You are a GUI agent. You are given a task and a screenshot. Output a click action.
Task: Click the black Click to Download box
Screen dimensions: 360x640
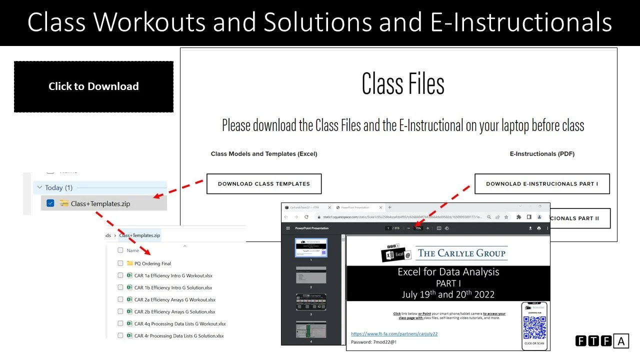(93, 86)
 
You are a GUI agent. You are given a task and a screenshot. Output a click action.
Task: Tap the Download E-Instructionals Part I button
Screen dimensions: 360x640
(542, 184)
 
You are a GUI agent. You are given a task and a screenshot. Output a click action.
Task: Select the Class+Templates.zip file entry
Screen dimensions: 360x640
(100, 203)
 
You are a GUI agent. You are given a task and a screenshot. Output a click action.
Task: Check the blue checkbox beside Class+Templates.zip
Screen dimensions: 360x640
(50, 203)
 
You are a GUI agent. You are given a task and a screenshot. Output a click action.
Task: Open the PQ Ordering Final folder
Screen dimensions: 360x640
(152, 263)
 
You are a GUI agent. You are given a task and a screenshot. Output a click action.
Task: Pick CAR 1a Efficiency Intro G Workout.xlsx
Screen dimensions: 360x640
(173, 275)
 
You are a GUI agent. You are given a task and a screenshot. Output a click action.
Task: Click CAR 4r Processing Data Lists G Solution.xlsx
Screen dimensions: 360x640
(179, 336)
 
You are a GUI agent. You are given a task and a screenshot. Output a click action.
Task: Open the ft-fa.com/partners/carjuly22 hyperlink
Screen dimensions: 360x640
(394, 333)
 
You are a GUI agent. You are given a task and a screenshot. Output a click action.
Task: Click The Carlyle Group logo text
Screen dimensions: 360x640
(462, 253)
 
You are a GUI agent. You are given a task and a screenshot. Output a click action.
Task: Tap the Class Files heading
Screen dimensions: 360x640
(403, 83)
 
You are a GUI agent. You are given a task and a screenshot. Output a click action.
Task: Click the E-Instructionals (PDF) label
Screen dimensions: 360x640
(542, 154)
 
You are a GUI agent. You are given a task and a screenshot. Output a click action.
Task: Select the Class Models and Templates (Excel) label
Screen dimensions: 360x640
(264, 154)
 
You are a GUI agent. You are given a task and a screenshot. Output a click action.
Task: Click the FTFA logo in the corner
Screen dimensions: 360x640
(602, 341)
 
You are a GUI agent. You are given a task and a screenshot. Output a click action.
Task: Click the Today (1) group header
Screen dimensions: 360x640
(59, 187)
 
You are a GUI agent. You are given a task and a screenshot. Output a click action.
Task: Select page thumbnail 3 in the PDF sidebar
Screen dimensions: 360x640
(310, 301)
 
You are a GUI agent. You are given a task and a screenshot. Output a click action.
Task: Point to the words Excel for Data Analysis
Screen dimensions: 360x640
(448, 272)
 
